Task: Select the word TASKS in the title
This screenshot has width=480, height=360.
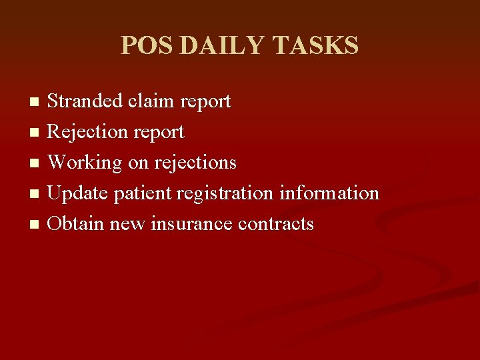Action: (316, 46)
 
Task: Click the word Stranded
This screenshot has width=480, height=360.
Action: (85, 101)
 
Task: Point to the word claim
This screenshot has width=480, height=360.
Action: (151, 101)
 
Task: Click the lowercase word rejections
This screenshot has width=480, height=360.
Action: (195, 163)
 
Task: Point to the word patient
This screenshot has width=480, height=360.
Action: (143, 194)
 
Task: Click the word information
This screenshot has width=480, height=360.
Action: (329, 193)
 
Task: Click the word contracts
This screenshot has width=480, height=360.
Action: (276, 224)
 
